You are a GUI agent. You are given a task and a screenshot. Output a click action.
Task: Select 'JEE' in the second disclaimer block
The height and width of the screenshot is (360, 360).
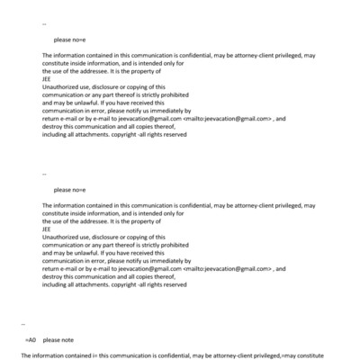pyautogui.click(x=47, y=228)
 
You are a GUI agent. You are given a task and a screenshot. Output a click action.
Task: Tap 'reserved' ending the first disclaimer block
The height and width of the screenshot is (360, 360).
pyautogui.click(x=174, y=133)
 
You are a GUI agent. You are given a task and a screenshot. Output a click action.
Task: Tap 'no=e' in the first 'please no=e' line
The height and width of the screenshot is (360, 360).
pyautogui.click(x=77, y=40)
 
